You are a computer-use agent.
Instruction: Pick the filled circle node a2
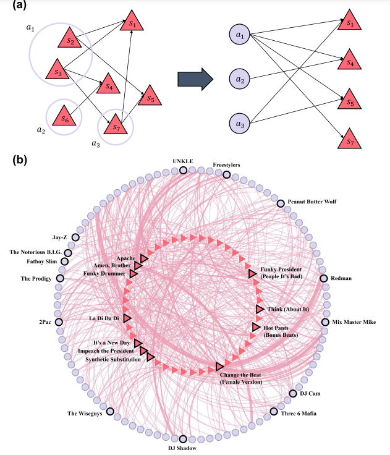coord(238,79)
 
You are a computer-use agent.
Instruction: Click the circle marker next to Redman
coord(324,278)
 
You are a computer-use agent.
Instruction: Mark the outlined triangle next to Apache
coord(144,257)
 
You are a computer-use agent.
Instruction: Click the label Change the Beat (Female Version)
coord(241,378)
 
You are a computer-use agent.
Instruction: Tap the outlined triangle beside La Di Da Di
coord(127,318)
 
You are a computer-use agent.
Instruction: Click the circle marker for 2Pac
coord(59,322)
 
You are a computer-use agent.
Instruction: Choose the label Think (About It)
coord(287,308)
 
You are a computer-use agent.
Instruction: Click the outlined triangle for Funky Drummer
coord(134,273)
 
